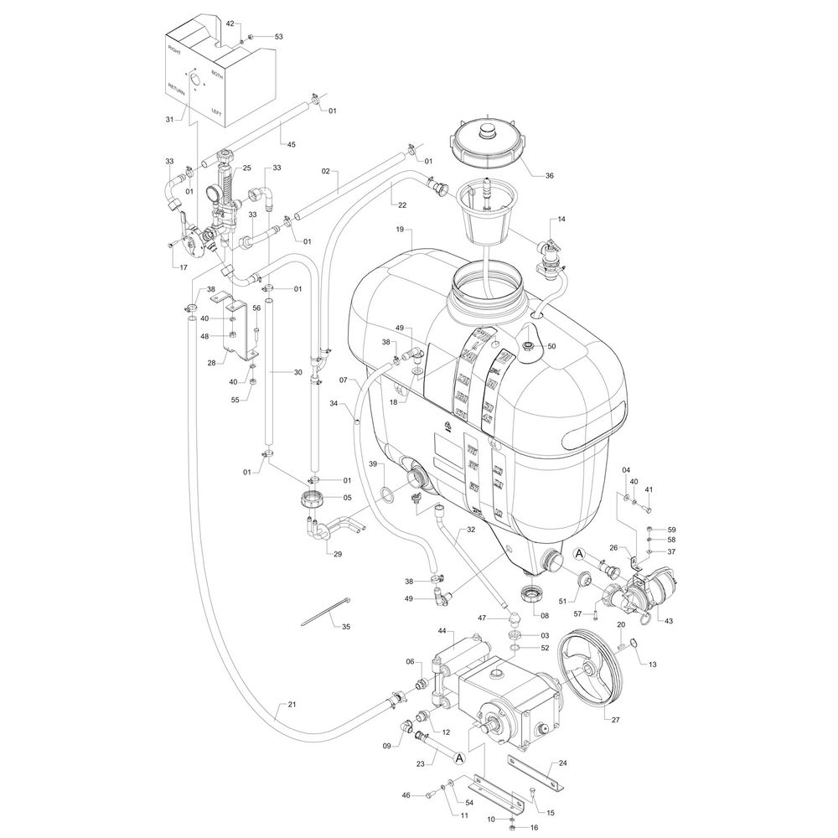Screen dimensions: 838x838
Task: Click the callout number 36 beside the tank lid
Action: tap(550, 176)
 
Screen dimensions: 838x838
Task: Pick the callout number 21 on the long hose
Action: tap(292, 704)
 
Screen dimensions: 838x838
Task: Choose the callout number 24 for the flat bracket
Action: tap(563, 764)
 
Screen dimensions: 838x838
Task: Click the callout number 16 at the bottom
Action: tap(533, 827)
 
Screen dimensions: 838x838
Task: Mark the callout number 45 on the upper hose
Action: tap(292, 144)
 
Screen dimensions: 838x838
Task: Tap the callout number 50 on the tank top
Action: tap(551, 346)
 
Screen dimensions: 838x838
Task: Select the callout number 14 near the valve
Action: tap(561, 220)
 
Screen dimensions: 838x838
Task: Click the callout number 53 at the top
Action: tap(279, 37)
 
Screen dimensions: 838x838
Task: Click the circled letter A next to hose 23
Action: tap(458, 758)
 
